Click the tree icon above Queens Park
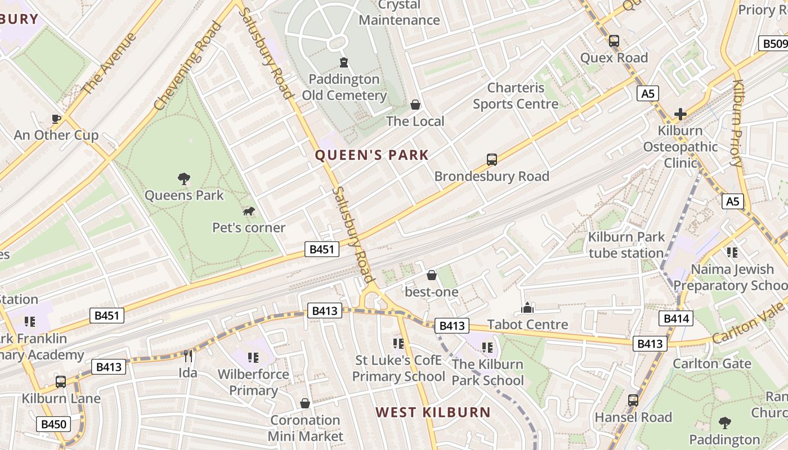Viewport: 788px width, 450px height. coord(183,179)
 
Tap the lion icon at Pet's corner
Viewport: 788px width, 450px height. coord(248,211)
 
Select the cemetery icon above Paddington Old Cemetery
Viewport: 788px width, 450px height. coord(343,62)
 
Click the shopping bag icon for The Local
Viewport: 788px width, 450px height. coord(415,105)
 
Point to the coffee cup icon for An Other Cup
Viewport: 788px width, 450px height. coord(56,118)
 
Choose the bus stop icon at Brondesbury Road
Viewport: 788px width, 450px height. coord(491,160)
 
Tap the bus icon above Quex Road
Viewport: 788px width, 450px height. coord(614,41)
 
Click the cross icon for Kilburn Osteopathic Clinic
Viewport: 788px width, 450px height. coord(680,114)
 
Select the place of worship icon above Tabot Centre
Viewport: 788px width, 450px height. coord(527,308)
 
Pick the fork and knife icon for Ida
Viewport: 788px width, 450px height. coord(188,356)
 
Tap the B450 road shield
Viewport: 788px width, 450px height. coord(54,424)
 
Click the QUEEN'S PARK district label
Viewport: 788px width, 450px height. coord(371,155)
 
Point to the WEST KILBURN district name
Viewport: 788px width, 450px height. coord(433,412)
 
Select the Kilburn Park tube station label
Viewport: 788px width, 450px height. coord(626,245)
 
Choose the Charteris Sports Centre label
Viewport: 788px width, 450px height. coord(516,96)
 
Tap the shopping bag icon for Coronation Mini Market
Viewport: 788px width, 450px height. coord(305,403)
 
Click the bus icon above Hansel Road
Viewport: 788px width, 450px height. coord(633,400)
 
